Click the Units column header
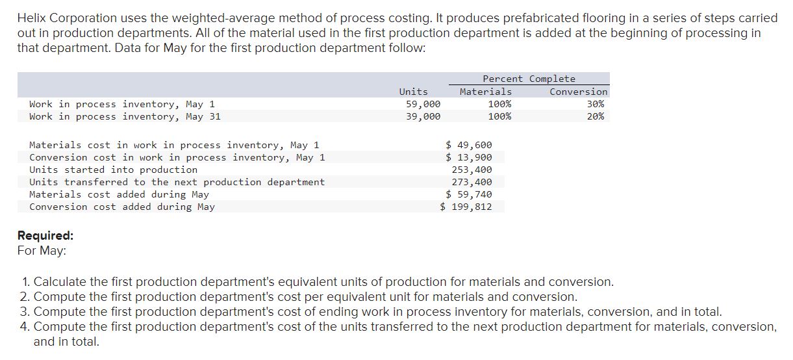click(413, 92)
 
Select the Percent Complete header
click(529, 79)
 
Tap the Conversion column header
click(578, 92)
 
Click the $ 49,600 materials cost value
click(469, 145)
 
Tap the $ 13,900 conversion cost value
click(469, 157)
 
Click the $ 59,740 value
click(469, 194)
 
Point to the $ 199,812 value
click(466, 207)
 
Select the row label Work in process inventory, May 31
click(125, 116)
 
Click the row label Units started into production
click(113, 170)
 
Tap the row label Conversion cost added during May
click(121, 207)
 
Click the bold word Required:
click(45, 235)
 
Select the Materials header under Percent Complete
click(485, 92)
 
